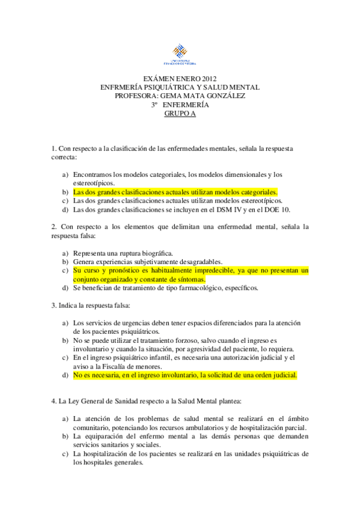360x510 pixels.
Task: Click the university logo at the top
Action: pyautogui.click(x=180, y=54)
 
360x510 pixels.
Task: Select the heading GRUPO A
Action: pyautogui.click(x=180, y=112)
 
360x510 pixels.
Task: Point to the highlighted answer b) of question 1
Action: pyautogui.click(x=175, y=192)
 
